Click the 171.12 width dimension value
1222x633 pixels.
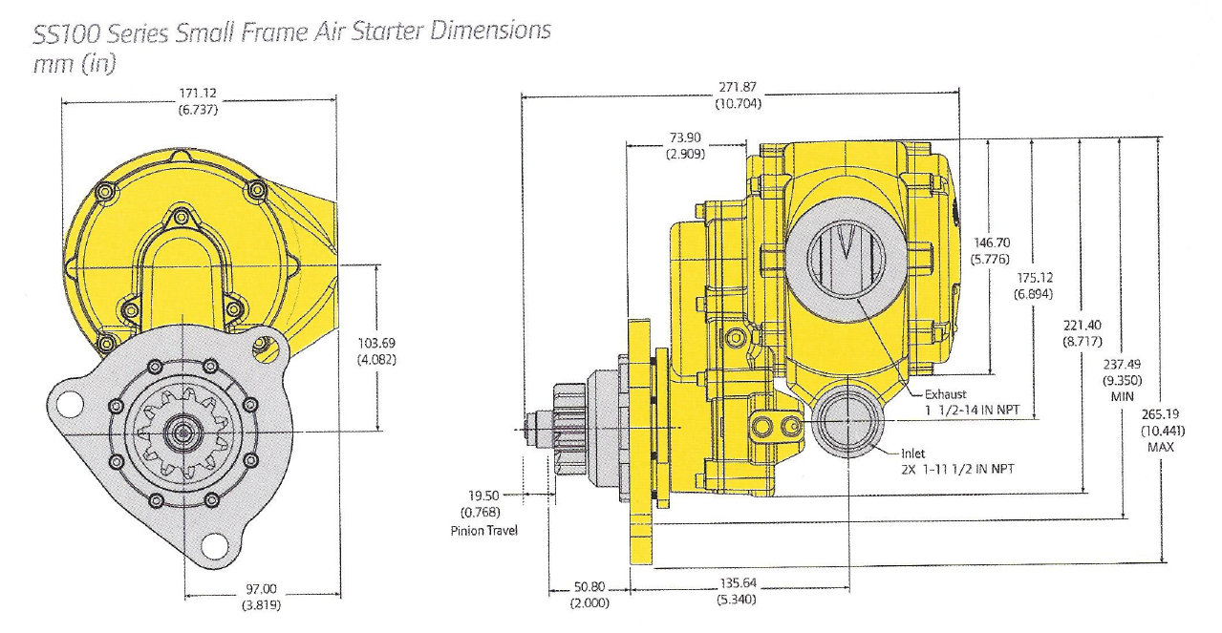pos(198,94)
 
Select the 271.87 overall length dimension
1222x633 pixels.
pos(738,87)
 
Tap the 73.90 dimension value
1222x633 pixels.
pos(685,137)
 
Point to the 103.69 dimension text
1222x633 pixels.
pos(376,343)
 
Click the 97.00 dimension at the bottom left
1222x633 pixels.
pos(262,589)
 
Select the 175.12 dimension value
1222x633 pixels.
pos(1035,278)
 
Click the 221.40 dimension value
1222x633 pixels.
pos(1083,326)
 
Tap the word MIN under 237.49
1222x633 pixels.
pos(1123,396)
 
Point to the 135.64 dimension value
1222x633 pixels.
pos(738,583)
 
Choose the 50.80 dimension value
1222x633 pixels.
pos(590,587)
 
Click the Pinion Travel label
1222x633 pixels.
pos(483,531)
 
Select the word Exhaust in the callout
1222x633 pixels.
pos(946,394)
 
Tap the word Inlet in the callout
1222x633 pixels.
pos(912,454)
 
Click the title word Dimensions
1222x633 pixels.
pos(490,31)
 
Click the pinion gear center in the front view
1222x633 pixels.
pos(183,432)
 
